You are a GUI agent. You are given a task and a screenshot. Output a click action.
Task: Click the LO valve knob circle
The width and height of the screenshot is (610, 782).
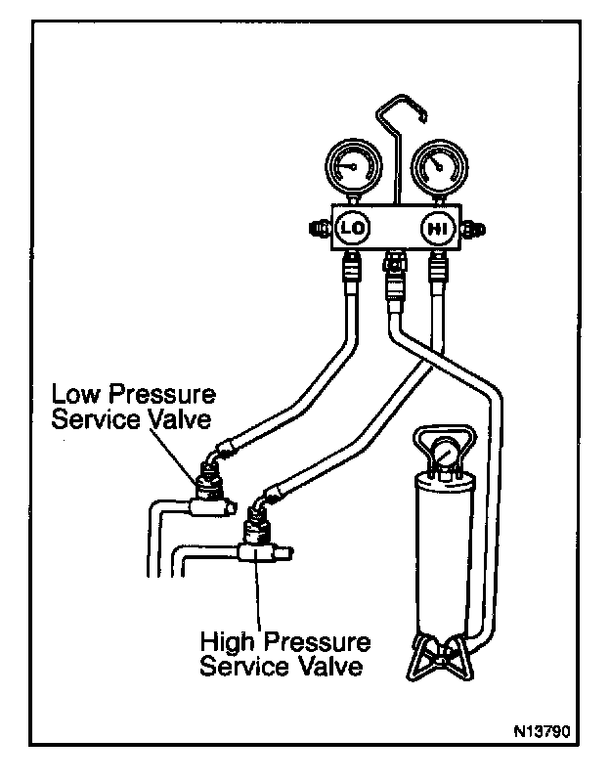353,229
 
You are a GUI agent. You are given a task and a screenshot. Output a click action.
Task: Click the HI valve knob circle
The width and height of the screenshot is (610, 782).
437,229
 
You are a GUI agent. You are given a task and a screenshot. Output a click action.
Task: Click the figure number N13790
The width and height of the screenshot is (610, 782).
542,731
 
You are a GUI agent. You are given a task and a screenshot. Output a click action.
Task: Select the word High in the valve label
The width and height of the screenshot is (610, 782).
230,642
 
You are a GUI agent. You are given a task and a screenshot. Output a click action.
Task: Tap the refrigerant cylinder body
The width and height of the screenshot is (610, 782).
442,553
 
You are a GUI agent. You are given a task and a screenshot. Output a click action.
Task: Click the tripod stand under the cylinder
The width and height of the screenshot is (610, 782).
440,657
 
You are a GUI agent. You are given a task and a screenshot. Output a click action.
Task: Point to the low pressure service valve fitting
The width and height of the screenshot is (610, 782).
209,492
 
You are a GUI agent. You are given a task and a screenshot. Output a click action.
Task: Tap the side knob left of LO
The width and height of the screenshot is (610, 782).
321,230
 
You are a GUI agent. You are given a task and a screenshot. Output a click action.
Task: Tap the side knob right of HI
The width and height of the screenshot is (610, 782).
473,230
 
